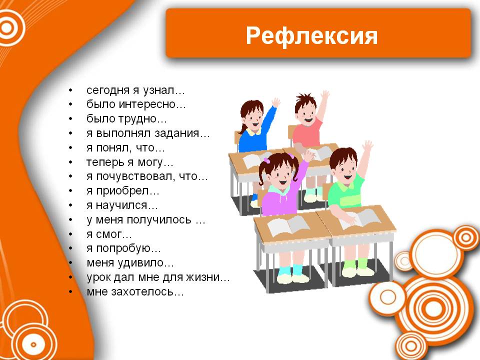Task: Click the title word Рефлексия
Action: [311, 36]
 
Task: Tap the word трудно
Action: [139, 119]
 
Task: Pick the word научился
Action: [121, 205]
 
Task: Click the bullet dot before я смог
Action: [70, 234]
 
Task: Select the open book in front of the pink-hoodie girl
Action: [288, 226]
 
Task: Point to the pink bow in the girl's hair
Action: [266, 160]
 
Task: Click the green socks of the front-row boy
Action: [355, 264]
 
